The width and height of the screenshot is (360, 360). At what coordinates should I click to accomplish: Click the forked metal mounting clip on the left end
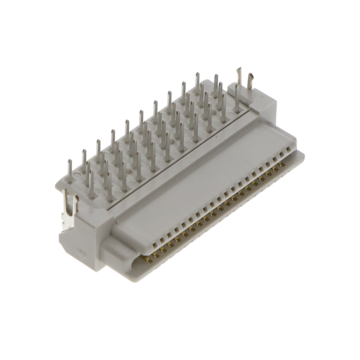[69, 208]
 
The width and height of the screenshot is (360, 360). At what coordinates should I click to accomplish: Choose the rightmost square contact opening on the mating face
[287, 149]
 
